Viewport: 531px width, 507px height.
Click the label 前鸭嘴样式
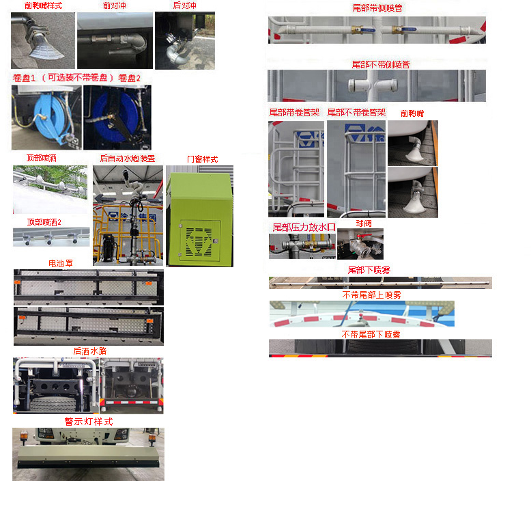pyautogui.click(x=43, y=5)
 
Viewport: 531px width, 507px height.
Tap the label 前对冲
pyautogui.click(x=114, y=5)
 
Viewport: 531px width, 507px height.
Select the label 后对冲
pyautogui.click(x=184, y=5)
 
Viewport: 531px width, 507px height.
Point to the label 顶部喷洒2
pyautogui.click(x=44, y=222)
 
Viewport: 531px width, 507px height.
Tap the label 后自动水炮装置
pyautogui.click(x=128, y=159)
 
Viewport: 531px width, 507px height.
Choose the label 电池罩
pyautogui.click(x=60, y=263)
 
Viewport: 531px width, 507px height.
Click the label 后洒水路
pyautogui.click(x=89, y=351)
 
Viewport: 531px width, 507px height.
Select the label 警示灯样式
pyautogui.click(x=89, y=422)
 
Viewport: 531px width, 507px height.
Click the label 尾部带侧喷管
pyautogui.click(x=377, y=8)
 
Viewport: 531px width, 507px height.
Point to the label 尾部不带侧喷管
pyautogui.click(x=380, y=64)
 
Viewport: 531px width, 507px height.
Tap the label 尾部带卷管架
pyautogui.click(x=295, y=112)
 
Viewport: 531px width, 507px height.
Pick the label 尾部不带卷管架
pyautogui.click(x=356, y=112)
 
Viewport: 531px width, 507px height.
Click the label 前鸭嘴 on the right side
pyautogui.click(x=412, y=113)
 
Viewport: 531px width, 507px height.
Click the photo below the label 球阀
pyautogui.click(x=360, y=244)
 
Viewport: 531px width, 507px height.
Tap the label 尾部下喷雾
pyautogui.click(x=369, y=271)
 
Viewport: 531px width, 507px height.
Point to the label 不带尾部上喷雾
pyautogui.click(x=371, y=295)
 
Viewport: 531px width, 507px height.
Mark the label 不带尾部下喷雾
pyautogui.click(x=371, y=334)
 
